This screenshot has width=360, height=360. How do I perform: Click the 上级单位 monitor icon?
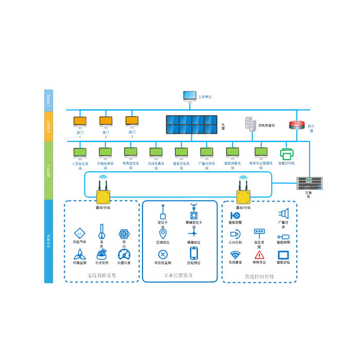pos(189,96)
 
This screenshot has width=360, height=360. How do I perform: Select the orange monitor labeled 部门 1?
pos(80,122)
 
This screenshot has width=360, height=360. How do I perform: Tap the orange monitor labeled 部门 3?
pos(132,122)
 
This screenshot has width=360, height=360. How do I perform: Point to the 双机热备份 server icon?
pos(250,124)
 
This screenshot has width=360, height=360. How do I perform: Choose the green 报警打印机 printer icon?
pos(286,154)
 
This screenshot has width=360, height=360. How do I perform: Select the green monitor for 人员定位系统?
pos(80,153)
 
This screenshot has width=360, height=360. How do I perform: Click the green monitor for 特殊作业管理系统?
pos(261,153)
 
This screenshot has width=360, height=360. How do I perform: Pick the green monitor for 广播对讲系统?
pos(206,153)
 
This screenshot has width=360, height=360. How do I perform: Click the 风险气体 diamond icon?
pos(79,232)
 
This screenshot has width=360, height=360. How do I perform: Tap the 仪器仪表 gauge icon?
pos(123,254)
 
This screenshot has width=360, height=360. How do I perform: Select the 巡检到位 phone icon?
pos(194,253)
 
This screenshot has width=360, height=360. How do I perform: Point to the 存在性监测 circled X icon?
pos(163,254)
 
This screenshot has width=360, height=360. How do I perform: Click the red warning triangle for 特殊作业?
pos(259,255)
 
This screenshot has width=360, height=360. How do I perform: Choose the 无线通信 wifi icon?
pos(235,255)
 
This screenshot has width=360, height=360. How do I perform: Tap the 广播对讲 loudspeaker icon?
pos(283,213)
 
